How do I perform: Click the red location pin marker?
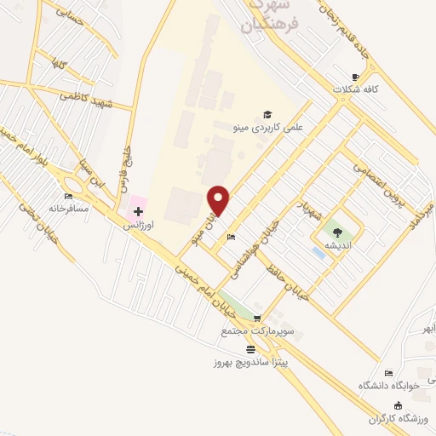coord(219,200)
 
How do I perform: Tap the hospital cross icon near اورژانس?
coord(139,211)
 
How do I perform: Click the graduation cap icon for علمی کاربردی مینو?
coord(267,114)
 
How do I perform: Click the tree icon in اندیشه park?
coord(338,231)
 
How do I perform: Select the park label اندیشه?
coord(339,244)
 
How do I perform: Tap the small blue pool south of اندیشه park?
coord(318,253)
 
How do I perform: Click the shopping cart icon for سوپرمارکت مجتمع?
coord(256,318)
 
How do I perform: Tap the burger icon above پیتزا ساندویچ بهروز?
coord(250,349)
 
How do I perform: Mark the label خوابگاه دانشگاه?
coord(389,385)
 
